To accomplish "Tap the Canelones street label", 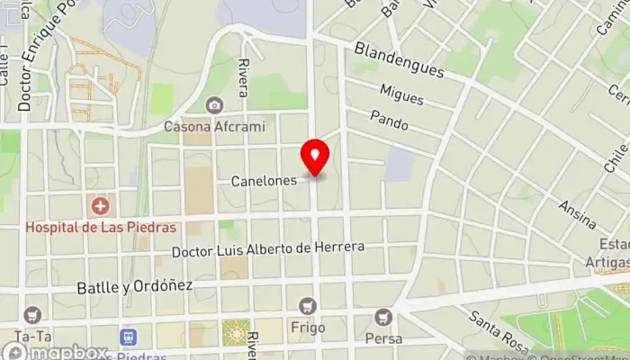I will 264,181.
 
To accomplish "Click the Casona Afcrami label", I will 214,127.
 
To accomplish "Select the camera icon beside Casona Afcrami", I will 214,106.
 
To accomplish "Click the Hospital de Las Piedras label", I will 100,228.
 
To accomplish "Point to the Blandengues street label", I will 400,59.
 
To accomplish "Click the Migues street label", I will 401,94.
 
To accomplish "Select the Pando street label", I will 389,120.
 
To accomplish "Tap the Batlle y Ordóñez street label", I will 135,285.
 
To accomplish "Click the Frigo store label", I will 308,329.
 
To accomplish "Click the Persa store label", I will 383,339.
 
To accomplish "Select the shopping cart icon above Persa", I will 383,318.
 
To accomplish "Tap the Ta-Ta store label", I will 32,334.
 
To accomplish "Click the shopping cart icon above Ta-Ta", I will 32,315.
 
